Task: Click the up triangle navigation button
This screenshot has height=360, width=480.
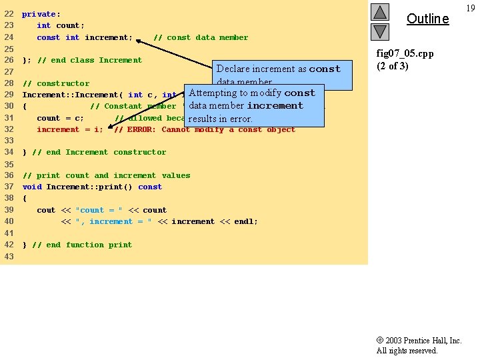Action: coord(379,11)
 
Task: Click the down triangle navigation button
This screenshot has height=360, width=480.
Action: coord(379,31)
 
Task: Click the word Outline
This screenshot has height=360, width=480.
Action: coord(427,19)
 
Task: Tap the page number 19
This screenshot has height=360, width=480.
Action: coord(471,8)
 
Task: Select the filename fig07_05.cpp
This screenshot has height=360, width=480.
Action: coord(405,54)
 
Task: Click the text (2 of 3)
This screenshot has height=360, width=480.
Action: coord(393,65)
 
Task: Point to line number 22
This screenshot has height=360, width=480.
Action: coord(9,14)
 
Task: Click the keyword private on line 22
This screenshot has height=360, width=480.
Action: coord(39,14)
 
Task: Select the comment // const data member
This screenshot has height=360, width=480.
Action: coord(201,37)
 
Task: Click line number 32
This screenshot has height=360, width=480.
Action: coord(9,129)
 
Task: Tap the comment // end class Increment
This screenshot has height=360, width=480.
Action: coord(89,60)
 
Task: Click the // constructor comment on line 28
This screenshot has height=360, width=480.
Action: coord(56,83)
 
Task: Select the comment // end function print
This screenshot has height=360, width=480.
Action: coord(82,245)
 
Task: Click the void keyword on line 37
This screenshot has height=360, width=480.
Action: coord(32,187)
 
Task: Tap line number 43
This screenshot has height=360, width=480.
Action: coord(9,257)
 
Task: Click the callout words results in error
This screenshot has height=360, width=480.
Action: coord(221,119)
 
